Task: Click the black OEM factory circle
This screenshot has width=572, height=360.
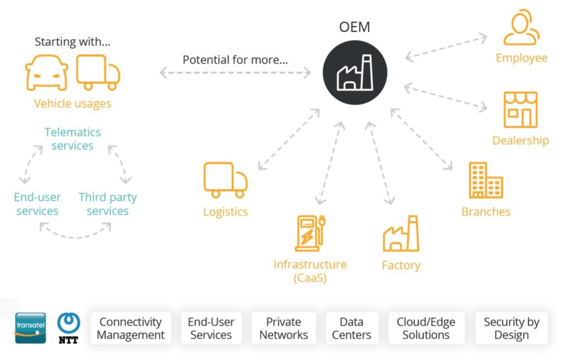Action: click(x=355, y=73)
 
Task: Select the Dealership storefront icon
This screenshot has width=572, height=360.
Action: click(x=520, y=110)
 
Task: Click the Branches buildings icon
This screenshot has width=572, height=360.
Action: click(x=485, y=181)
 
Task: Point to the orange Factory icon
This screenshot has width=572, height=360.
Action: click(x=401, y=233)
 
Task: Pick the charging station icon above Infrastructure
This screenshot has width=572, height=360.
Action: click(x=309, y=233)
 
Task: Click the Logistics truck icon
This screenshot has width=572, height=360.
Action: click(x=225, y=179)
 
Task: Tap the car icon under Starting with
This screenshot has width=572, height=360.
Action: click(x=46, y=73)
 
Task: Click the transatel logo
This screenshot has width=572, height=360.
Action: click(x=30, y=328)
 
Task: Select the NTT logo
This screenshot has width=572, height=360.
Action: click(x=69, y=328)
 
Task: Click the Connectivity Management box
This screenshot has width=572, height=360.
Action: click(x=131, y=328)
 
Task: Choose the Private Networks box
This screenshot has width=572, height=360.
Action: click(x=283, y=328)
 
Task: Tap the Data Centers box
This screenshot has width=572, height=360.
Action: click(x=351, y=328)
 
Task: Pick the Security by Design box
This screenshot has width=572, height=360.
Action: click(x=511, y=328)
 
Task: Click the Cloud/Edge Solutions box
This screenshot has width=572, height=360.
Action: click(x=426, y=328)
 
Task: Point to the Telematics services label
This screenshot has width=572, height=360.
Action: click(x=73, y=139)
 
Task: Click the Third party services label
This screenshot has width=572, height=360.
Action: click(x=107, y=204)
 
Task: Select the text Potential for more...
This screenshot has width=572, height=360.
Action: click(x=235, y=60)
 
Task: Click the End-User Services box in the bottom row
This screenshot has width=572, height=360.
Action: click(x=211, y=328)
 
